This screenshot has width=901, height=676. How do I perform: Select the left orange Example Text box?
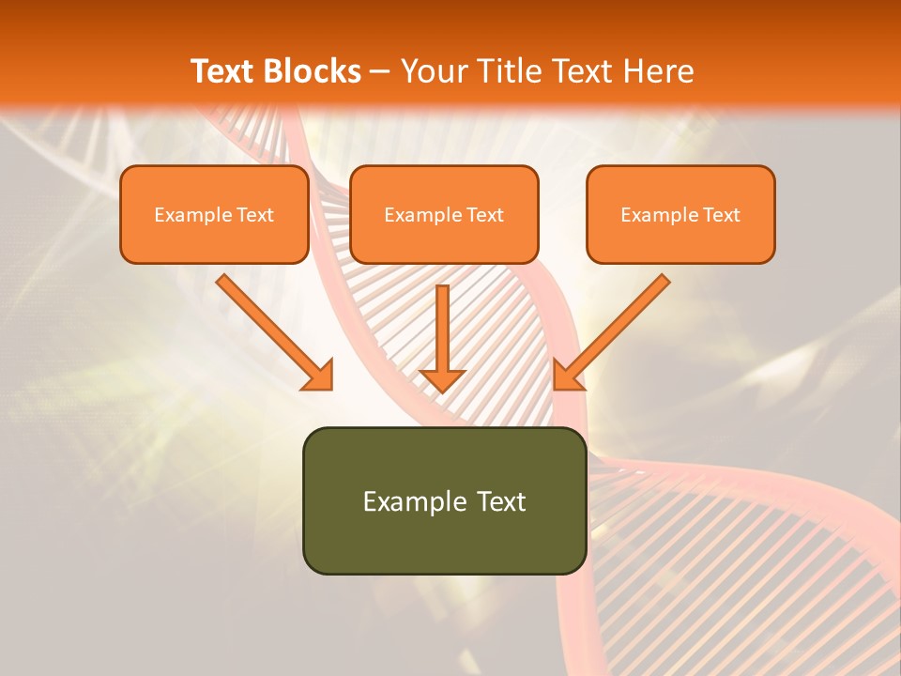click(x=214, y=214)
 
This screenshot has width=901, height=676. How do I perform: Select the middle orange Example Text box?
click(x=444, y=214)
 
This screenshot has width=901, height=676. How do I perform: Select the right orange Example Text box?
click(x=680, y=214)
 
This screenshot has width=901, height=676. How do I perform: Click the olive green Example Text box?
click(x=444, y=500)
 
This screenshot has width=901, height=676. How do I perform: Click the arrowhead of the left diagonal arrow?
click(x=319, y=376)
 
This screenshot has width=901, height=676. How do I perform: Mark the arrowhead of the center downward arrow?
click(x=442, y=380)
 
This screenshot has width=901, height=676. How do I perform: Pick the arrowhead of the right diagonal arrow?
click(x=567, y=376)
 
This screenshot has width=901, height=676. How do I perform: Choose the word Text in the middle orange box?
click(x=485, y=215)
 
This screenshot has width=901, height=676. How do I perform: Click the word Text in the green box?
click(x=502, y=501)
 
